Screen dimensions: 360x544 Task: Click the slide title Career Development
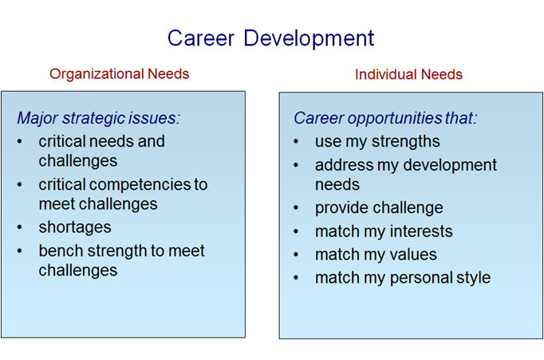(x=270, y=38)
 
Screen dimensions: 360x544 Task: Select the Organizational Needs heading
(x=120, y=74)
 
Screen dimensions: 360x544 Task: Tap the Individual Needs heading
(x=408, y=74)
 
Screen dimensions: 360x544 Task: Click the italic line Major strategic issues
(x=99, y=119)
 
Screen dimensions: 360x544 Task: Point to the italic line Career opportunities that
(x=385, y=119)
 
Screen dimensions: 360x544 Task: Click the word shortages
(x=75, y=227)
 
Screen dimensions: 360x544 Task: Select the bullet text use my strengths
(x=377, y=142)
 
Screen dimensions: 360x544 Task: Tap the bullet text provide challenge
(x=379, y=208)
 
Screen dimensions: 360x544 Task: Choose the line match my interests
(x=384, y=231)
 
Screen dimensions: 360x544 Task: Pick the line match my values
(x=376, y=255)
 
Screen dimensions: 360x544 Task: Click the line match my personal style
(x=402, y=278)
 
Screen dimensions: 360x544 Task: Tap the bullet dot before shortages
(x=21, y=228)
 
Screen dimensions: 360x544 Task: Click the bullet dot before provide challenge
(x=297, y=208)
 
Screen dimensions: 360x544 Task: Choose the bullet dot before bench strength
(x=21, y=251)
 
